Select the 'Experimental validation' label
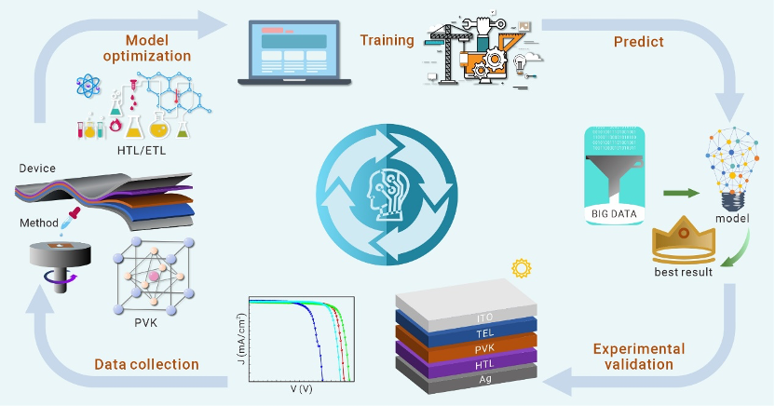pos(639,357)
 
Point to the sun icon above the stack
pos(521,268)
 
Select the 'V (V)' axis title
pos(300,390)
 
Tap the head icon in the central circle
pos(386,190)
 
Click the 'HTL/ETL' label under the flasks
pos(142,149)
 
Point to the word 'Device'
pos(37,168)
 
